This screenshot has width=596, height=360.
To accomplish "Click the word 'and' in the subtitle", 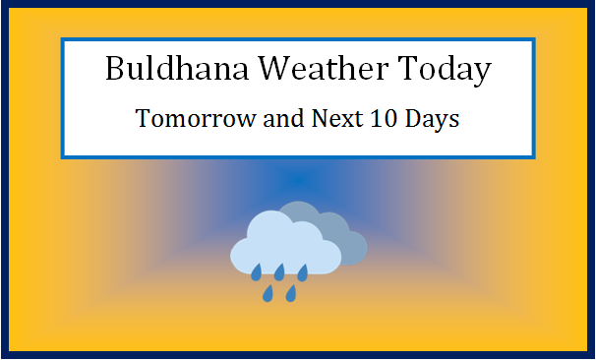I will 264,120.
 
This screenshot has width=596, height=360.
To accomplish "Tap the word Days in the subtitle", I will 428,120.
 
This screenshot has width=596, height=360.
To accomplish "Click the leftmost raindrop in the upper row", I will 256,271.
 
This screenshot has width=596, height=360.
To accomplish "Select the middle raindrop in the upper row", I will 279,271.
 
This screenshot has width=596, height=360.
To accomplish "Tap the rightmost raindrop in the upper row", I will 303,271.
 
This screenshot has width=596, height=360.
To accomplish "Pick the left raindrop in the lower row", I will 268,293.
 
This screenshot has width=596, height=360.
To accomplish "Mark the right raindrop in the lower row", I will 291,293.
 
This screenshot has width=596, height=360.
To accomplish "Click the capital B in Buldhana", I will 114,71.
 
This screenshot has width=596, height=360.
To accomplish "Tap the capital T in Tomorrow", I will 143,120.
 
